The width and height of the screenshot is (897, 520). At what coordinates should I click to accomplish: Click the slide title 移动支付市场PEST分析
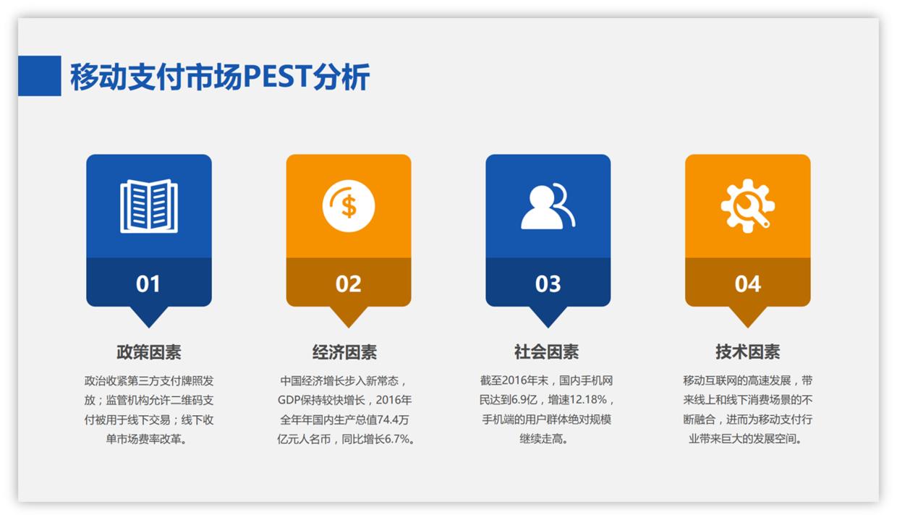tap(219, 77)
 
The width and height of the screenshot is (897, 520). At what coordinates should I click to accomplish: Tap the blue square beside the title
tap(39, 76)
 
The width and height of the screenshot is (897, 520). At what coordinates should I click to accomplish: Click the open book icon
tap(149, 206)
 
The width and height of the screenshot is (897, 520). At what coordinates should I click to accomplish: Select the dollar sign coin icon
tap(349, 206)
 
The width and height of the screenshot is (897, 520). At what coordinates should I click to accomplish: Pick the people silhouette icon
tap(548, 207)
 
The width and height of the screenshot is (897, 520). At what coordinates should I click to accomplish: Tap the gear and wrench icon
tap(747, 206)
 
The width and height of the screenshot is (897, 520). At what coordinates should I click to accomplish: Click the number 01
tap(148, 284)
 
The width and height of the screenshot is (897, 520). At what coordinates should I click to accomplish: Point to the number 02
tap(348, 284)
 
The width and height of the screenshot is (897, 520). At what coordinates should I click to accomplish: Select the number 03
tap(548, 284)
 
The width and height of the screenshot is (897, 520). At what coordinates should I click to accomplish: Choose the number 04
tap(747, 284)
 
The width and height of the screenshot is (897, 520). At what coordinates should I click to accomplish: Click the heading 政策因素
tap(149, 352)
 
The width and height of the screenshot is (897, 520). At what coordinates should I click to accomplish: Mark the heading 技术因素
tap(747, 352)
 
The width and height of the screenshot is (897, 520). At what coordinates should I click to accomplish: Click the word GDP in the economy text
tap(289, 400)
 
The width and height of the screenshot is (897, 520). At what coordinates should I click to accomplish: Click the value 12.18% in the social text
tap(589, 400)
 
